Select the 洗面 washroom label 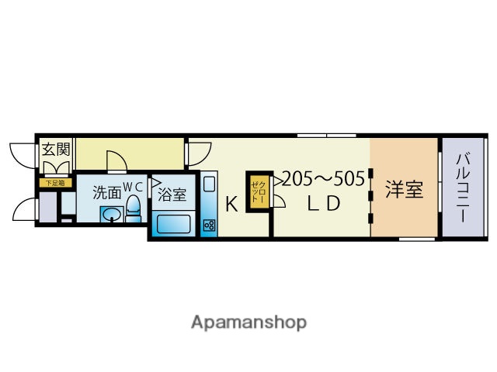click(106, 192)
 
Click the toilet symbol click(133, 208)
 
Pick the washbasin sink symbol click(111, 215)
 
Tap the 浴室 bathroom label click(172, 194)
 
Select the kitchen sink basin click(210, 187)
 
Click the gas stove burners click(210, 225)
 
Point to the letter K click(231, 205)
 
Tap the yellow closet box click(258, 191)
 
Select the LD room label click(322, 205)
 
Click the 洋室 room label click(404, 188)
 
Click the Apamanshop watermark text click(248, 322)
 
